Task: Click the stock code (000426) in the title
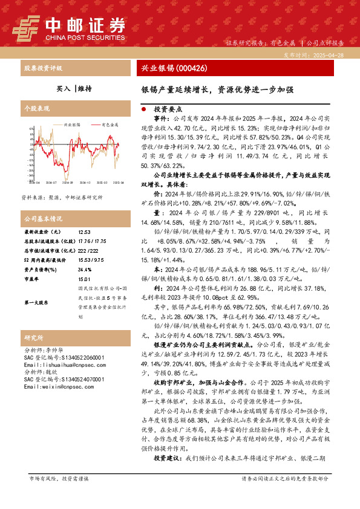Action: tap(190, 68)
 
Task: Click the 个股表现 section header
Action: tap(36, 109)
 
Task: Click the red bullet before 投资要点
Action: tap(143, 110)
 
